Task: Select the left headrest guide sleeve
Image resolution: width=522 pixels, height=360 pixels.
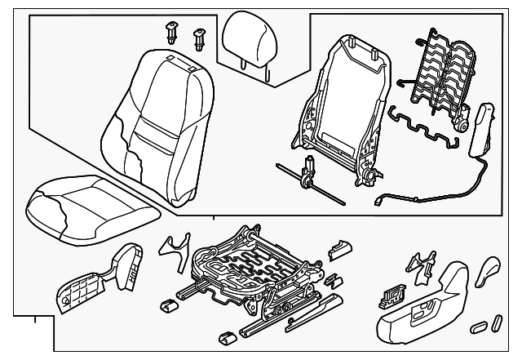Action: point(172,33)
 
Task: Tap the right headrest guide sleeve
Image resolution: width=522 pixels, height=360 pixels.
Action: point(198,38)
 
